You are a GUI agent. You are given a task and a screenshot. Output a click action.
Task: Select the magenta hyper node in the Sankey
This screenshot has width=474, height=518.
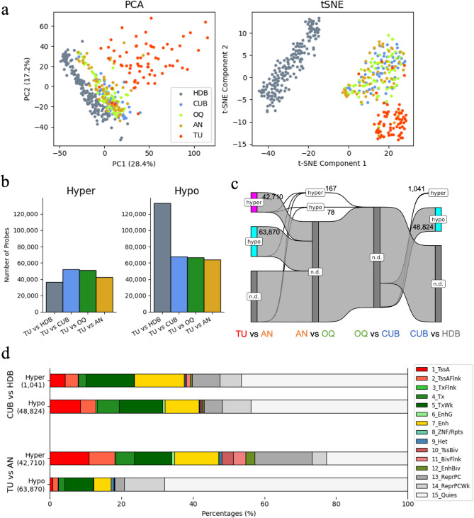click(x=254, y=201)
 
